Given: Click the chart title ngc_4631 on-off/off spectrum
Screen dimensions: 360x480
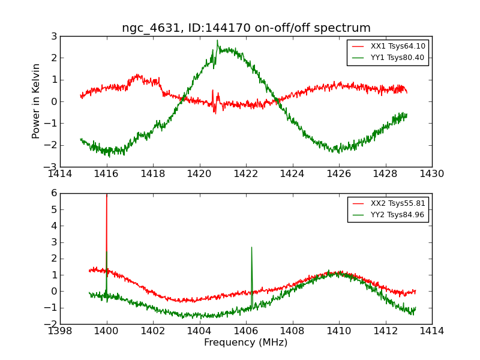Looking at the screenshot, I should [x=246, y=28].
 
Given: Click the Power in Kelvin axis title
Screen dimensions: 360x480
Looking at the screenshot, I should [x=37, y=101].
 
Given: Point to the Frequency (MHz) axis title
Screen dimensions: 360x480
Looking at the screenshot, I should [x=246, y=343].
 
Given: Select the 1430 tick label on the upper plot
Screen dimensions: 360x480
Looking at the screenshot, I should [x=432, y=174].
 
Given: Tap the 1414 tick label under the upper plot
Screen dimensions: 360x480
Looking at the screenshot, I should [x=60, y=174].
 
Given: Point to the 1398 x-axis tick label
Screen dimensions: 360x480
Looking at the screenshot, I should [x=60, y=331].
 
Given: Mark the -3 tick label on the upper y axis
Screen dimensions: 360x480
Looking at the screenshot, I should [x=52, y=167].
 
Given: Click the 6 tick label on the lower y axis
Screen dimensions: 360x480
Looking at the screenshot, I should [x=54, y=193].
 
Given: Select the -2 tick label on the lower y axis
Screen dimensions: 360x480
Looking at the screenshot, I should [x=52, y=324].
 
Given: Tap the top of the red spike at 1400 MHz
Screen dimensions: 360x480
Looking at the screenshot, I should [x=107, y=194].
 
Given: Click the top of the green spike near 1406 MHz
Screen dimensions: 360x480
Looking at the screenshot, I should [x=251, y=247].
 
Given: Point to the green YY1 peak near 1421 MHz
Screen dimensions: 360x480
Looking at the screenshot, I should [x=217, y=41].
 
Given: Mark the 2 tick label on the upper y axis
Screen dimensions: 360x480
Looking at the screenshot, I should [x=54, y=58].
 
